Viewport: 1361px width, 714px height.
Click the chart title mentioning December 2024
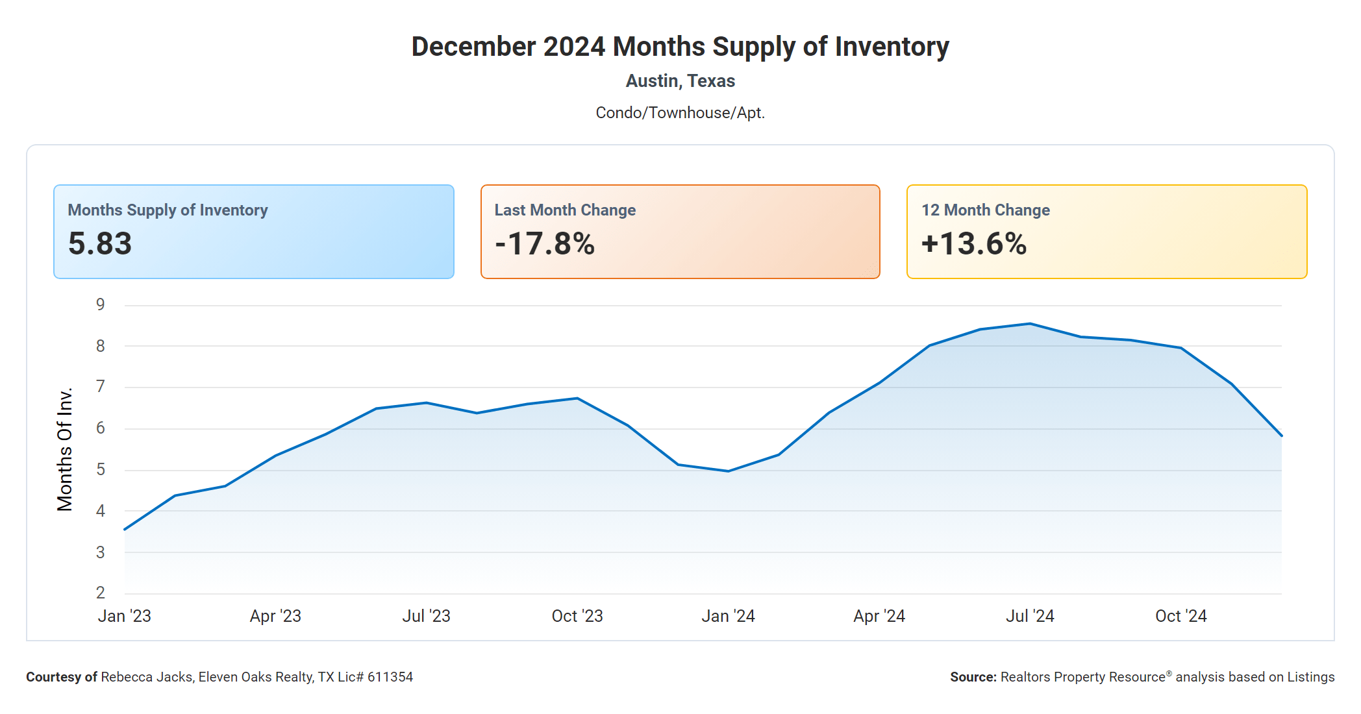[680, 47]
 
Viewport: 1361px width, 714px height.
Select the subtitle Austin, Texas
[680, 81]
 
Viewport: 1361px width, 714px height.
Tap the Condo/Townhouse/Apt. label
[680, 113]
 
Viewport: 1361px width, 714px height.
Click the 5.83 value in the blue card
[100, 244]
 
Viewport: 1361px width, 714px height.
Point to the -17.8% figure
[544, 244]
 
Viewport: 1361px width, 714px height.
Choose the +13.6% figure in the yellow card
[973, 244]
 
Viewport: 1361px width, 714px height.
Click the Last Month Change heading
[565, 210]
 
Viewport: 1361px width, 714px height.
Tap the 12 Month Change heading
[985, 210]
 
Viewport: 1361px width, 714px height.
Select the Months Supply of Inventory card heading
[168, 210]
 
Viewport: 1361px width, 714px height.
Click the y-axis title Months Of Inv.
[65, 449]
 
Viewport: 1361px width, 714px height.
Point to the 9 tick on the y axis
[101, 304]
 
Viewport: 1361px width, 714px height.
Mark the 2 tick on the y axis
[101, 593]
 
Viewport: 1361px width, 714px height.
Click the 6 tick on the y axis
[101, 428]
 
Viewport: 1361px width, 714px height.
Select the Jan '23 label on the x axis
[124, 616]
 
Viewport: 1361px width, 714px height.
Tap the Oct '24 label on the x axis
[1180, 616]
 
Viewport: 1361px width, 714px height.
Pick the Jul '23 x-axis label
[426, 616]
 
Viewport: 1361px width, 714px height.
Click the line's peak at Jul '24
[1030, 324]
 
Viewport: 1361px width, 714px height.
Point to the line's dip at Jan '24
[728, 471]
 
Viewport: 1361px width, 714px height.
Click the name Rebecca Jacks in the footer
[147, 677]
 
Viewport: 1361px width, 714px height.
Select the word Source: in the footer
[973, 677]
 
